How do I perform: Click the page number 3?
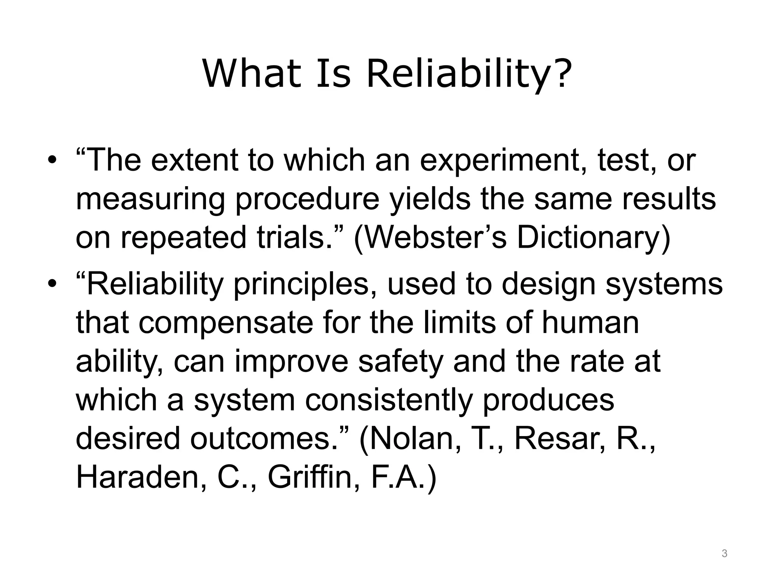724,554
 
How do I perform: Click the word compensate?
226,323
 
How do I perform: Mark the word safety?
400,362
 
